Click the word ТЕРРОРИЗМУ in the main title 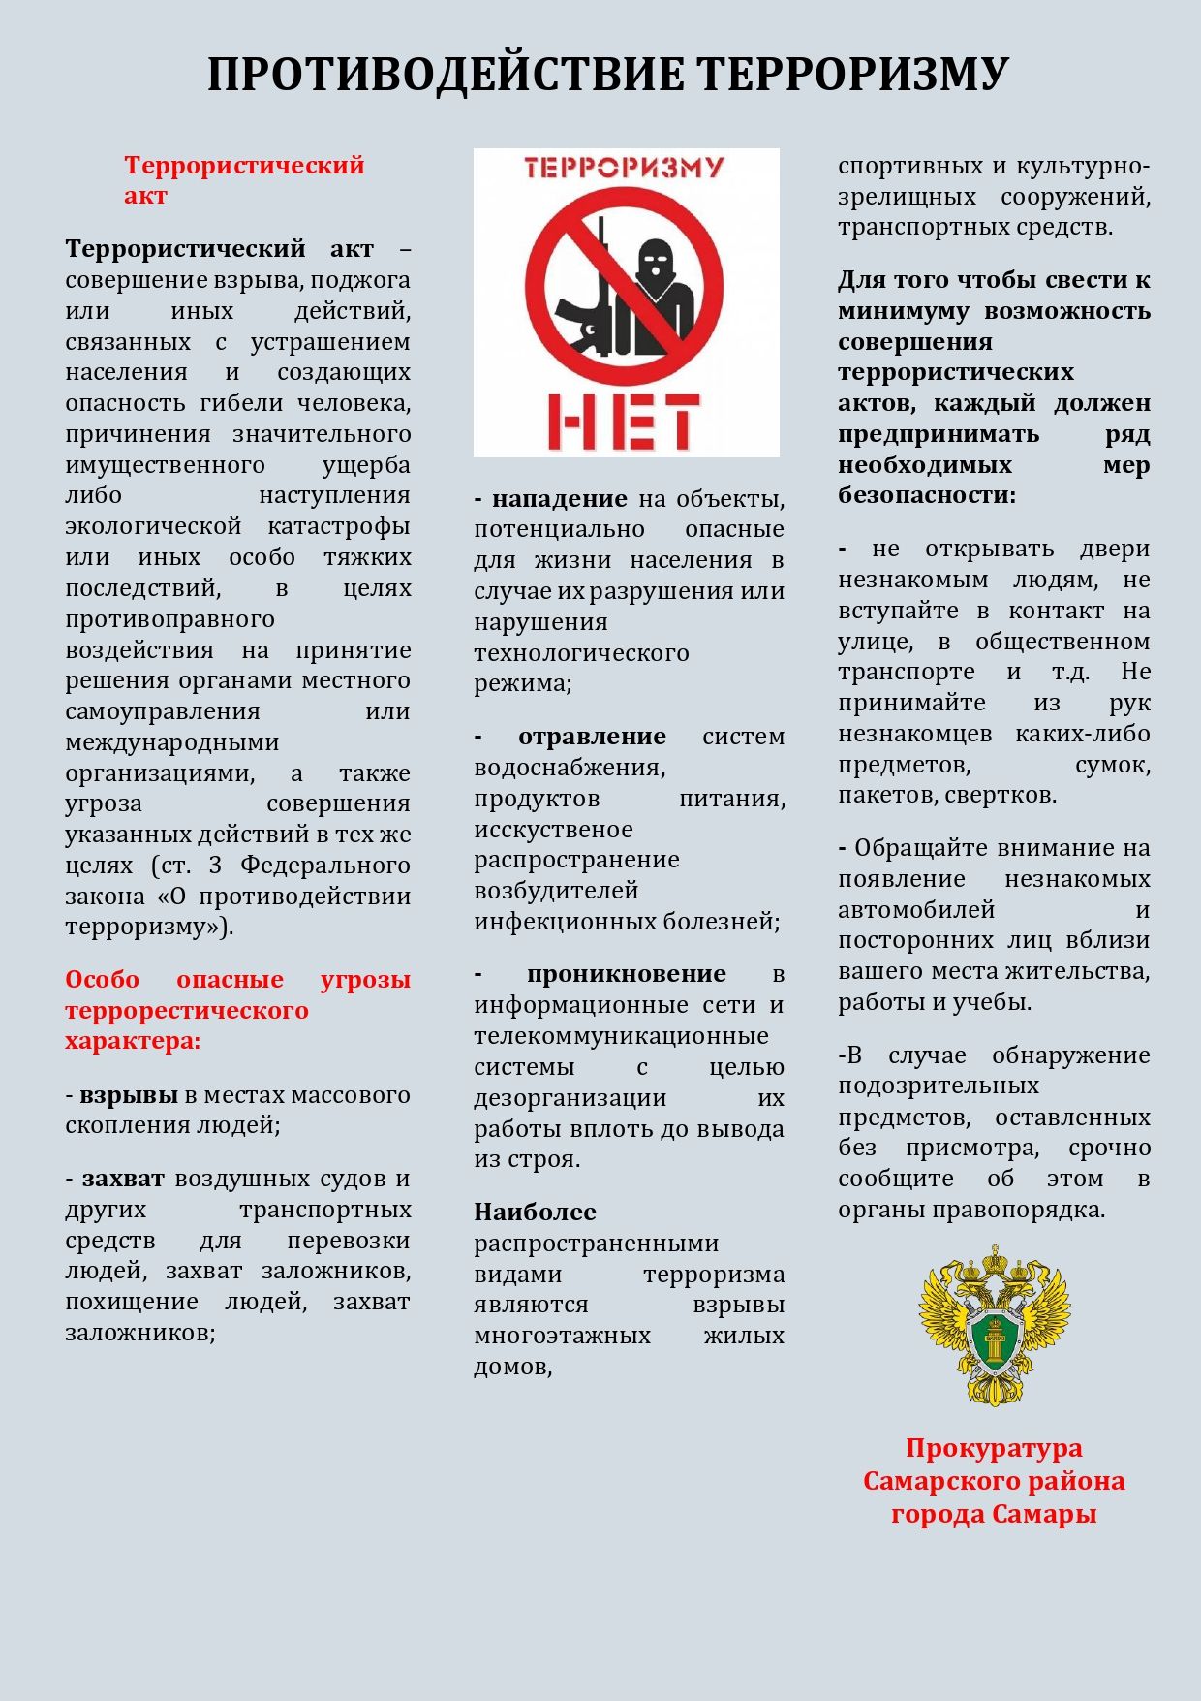click(x=852, y=75)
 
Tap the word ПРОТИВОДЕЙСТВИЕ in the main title click(x=446, y=75)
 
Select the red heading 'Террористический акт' click(x=244, y=179)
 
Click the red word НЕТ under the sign click(x=625, y=422)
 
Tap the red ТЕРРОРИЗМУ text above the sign click(x=625, y=168)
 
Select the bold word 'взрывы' click(x=129, y=1095)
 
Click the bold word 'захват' click(x=123, y=1179)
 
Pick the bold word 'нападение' click(x=560, y=499)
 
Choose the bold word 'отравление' click(x=592, y=737)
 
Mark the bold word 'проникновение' click(x=627, y=974)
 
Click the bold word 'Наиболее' click(x=535, y=1213)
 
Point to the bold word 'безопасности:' click(x=927, y=495)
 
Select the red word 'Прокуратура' click(x=994, y=1448)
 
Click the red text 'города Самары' click(x=994, y=1514)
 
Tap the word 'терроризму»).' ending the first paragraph click(x=149, y=927)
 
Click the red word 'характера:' click(x=133, y=1041)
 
